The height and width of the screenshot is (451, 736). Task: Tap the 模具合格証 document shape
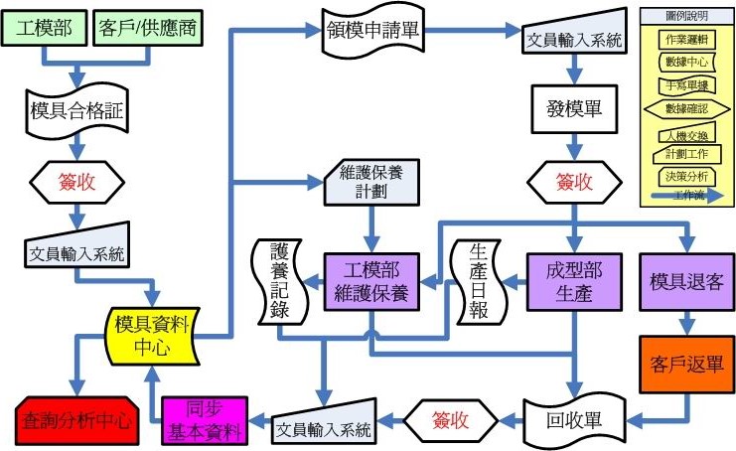pyautogui.click(x=76, y=108)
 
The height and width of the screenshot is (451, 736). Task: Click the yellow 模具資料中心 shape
pyautogui.click(x=153, y=334)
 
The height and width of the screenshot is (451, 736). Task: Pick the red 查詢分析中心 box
pyautogui.click(x=76, y=419)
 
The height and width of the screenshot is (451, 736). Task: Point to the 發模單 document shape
pyautogui.click(x=574, y=107)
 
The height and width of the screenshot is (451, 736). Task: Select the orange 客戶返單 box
pyautogui.click(x=686, y=363)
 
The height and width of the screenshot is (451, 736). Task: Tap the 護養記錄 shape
pyautogui.click(x=277, y=282)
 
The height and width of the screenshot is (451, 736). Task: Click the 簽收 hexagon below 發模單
pyautogui.click(x=573, y=182)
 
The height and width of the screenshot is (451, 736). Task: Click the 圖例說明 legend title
pyautogui.click(x=687, y=17)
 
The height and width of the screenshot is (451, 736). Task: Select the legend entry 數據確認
pyautogui.click(x=687, y=108)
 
